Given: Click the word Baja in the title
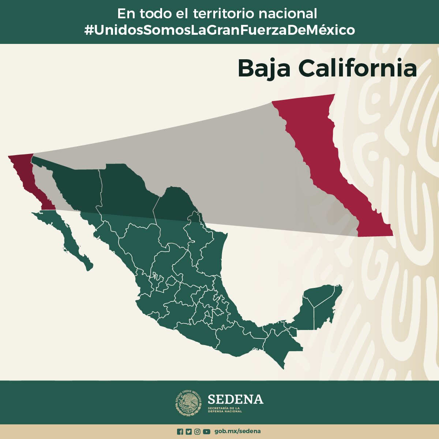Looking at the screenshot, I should [264, 68].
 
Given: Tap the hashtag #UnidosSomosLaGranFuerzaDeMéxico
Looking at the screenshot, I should [219, 30].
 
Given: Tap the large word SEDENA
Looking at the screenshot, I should [235, 399].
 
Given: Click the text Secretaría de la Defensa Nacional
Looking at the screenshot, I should [225, 409].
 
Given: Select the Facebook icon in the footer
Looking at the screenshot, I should [180, 432].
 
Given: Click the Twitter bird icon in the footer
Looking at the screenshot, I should [188, 432].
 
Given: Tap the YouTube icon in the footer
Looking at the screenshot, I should [207, 432].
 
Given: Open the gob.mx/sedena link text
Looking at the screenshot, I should [237, 431].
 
